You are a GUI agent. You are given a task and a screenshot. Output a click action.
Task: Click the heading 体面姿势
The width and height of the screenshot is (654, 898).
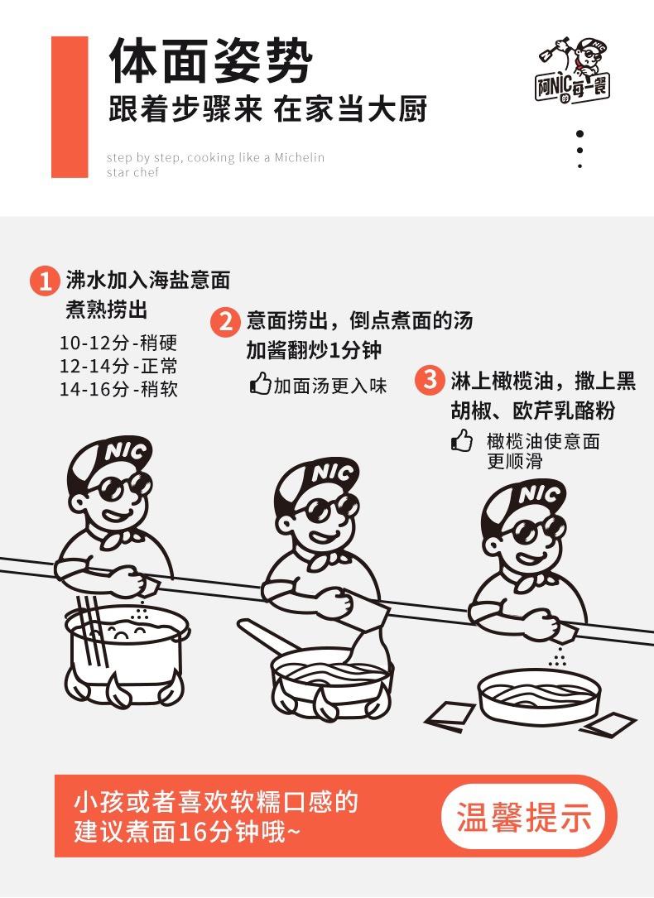(211, 61)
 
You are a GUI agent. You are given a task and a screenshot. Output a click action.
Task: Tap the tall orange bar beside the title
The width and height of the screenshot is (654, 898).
(70, 107)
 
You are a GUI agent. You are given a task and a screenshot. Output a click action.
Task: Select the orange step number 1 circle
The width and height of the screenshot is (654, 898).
(45, 281)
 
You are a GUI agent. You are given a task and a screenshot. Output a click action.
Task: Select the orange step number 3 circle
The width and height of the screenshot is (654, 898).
(430, 381)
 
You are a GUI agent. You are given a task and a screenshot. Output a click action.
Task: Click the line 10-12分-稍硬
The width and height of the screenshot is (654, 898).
(118, 343)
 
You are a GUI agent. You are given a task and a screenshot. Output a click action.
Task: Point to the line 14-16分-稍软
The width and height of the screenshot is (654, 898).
(118, 389)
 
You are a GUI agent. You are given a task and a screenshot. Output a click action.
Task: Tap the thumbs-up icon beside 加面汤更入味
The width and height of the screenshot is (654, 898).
(260, 384)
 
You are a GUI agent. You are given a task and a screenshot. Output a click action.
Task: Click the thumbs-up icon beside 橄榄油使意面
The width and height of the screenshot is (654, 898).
(462, 440)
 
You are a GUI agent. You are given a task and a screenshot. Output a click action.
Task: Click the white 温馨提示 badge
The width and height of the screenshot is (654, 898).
(524, 815)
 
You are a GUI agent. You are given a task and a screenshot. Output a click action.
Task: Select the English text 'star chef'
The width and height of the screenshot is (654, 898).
(132, 173)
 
